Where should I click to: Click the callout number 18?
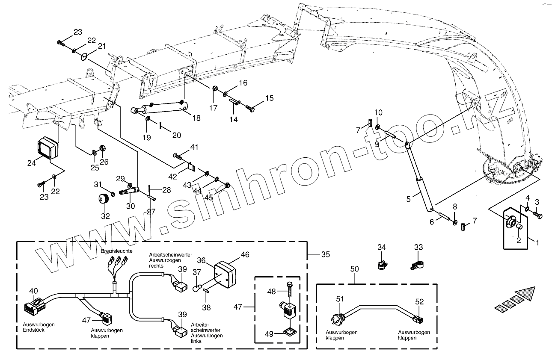tap(196, 118)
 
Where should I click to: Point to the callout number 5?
tap(408, 199)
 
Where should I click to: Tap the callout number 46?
tap(245, 255)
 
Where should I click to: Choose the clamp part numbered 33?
tap(417, 266)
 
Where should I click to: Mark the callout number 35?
tap(326, 254)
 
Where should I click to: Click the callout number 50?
tap(355, 269)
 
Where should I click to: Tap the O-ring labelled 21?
tap(86, 56)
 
